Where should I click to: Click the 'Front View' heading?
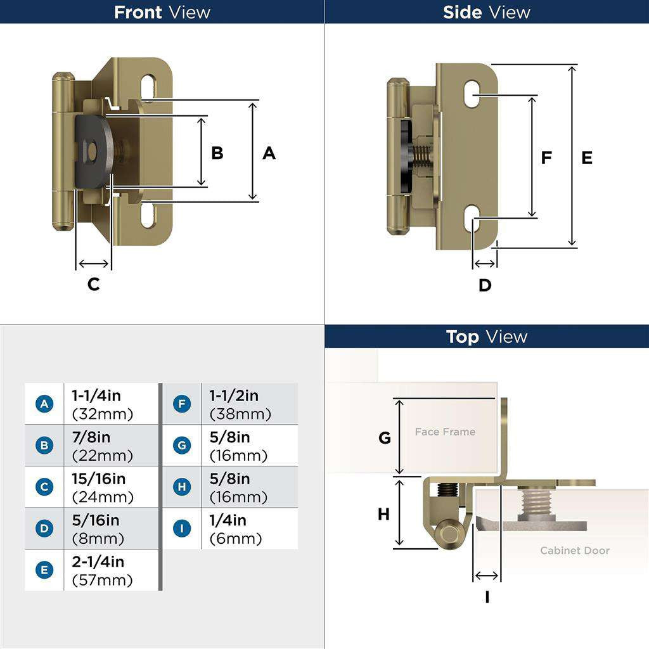[162, 12]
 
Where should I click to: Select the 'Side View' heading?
[486, 12]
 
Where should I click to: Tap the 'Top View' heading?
[486, 336]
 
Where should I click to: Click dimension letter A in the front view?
[269, 153]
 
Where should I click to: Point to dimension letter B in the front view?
[217, 153]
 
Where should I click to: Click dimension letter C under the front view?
[93, 285]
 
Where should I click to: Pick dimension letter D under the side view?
[485, 285]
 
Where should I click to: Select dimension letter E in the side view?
[587, 158]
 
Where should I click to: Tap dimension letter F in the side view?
[546, 158]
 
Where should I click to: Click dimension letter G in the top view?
[385, 438]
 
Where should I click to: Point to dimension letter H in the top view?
[383, 514]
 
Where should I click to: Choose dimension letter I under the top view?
[487, 596]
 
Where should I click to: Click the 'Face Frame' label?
[445, 432]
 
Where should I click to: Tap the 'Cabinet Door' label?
[574, 550]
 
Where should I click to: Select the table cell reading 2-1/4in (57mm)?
[110, 570]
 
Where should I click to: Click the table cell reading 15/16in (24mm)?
[110, 487]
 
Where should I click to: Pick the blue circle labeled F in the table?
[182, 404]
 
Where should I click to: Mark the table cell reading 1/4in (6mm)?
[248, 529]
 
